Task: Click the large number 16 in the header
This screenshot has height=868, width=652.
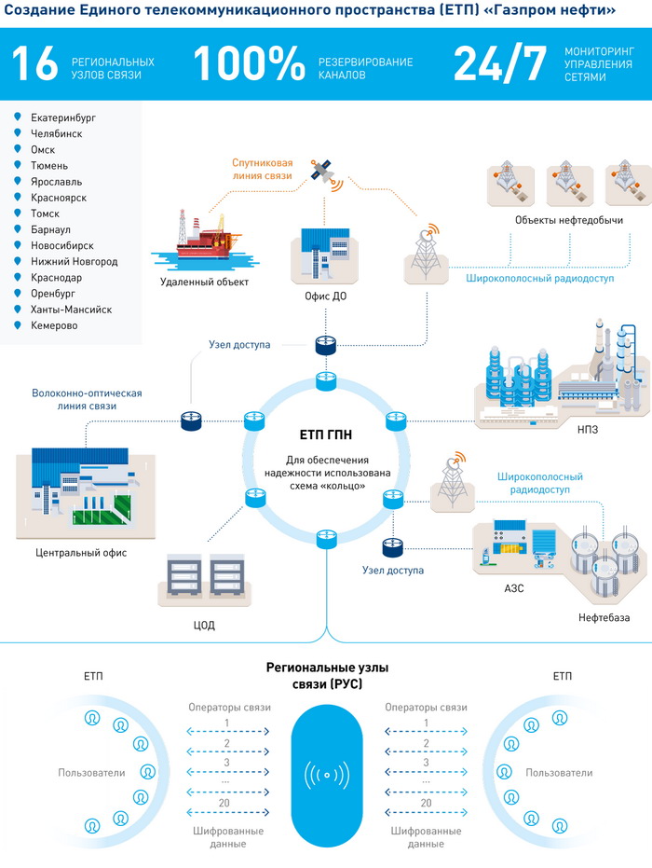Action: tap(34, 64)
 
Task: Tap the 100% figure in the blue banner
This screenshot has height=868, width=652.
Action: tap(249, 64)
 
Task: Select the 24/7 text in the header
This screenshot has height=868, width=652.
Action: tap(500, 64)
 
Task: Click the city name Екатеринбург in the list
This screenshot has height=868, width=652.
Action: tap(62, 117)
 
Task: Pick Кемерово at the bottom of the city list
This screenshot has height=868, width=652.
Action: tap(54, 325)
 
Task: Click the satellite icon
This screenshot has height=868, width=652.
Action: tap(322, 171)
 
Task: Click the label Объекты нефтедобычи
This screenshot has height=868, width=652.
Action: tap(556, 219)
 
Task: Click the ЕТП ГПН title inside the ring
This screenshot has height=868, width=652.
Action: tap(325, 434)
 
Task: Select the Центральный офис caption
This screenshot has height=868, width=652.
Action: tap(81, 553)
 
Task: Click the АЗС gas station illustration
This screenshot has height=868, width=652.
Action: tap(515, 552)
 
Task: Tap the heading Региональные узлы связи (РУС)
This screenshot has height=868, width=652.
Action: tap(327, 676)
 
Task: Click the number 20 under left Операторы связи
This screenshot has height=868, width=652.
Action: tap(225, 803)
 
